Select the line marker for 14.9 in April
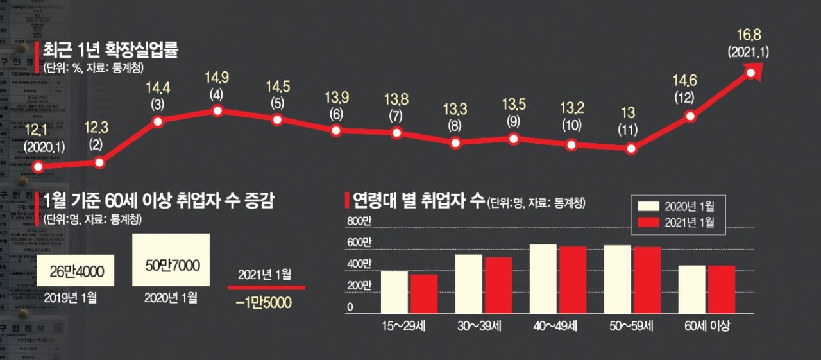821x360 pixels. pyautogui.click(x=217, y=111)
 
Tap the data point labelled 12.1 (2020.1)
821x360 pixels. pyautogui.click(x=38, y=167)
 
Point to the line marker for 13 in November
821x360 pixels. pyautogui.click(x=631, y=149)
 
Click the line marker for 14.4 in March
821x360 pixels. pyautogui.click(x=158, y=121)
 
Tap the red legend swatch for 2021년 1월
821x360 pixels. pyautogui.click(x=648, y=223)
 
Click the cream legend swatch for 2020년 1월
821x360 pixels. pyautogui.click(x=648, y=206)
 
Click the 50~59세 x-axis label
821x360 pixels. pyautogui.click(x=631, y=325)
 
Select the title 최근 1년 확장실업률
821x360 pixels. pyautogui.click(x=110, y=51)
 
